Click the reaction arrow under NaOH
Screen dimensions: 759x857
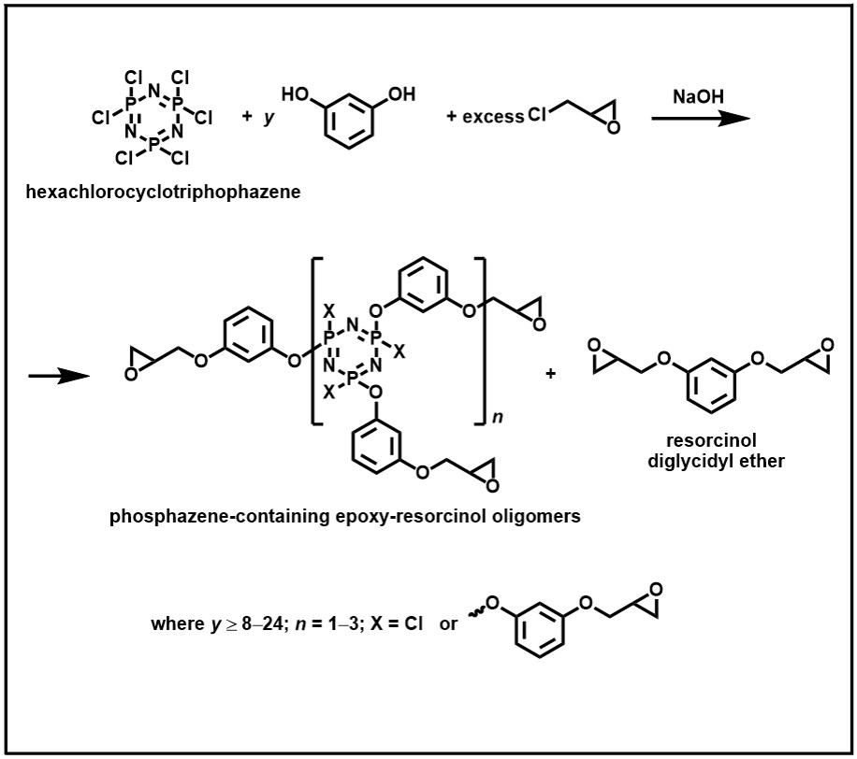[x=701, y=120]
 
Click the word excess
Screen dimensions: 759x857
[x=493, y=118]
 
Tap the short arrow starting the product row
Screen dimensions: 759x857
[x=58, y=377]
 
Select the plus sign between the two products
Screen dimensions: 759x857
[x=550, y=374]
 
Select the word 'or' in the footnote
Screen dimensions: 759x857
[x=448, y=623]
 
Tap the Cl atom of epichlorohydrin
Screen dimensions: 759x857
[x=538, y=116]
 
